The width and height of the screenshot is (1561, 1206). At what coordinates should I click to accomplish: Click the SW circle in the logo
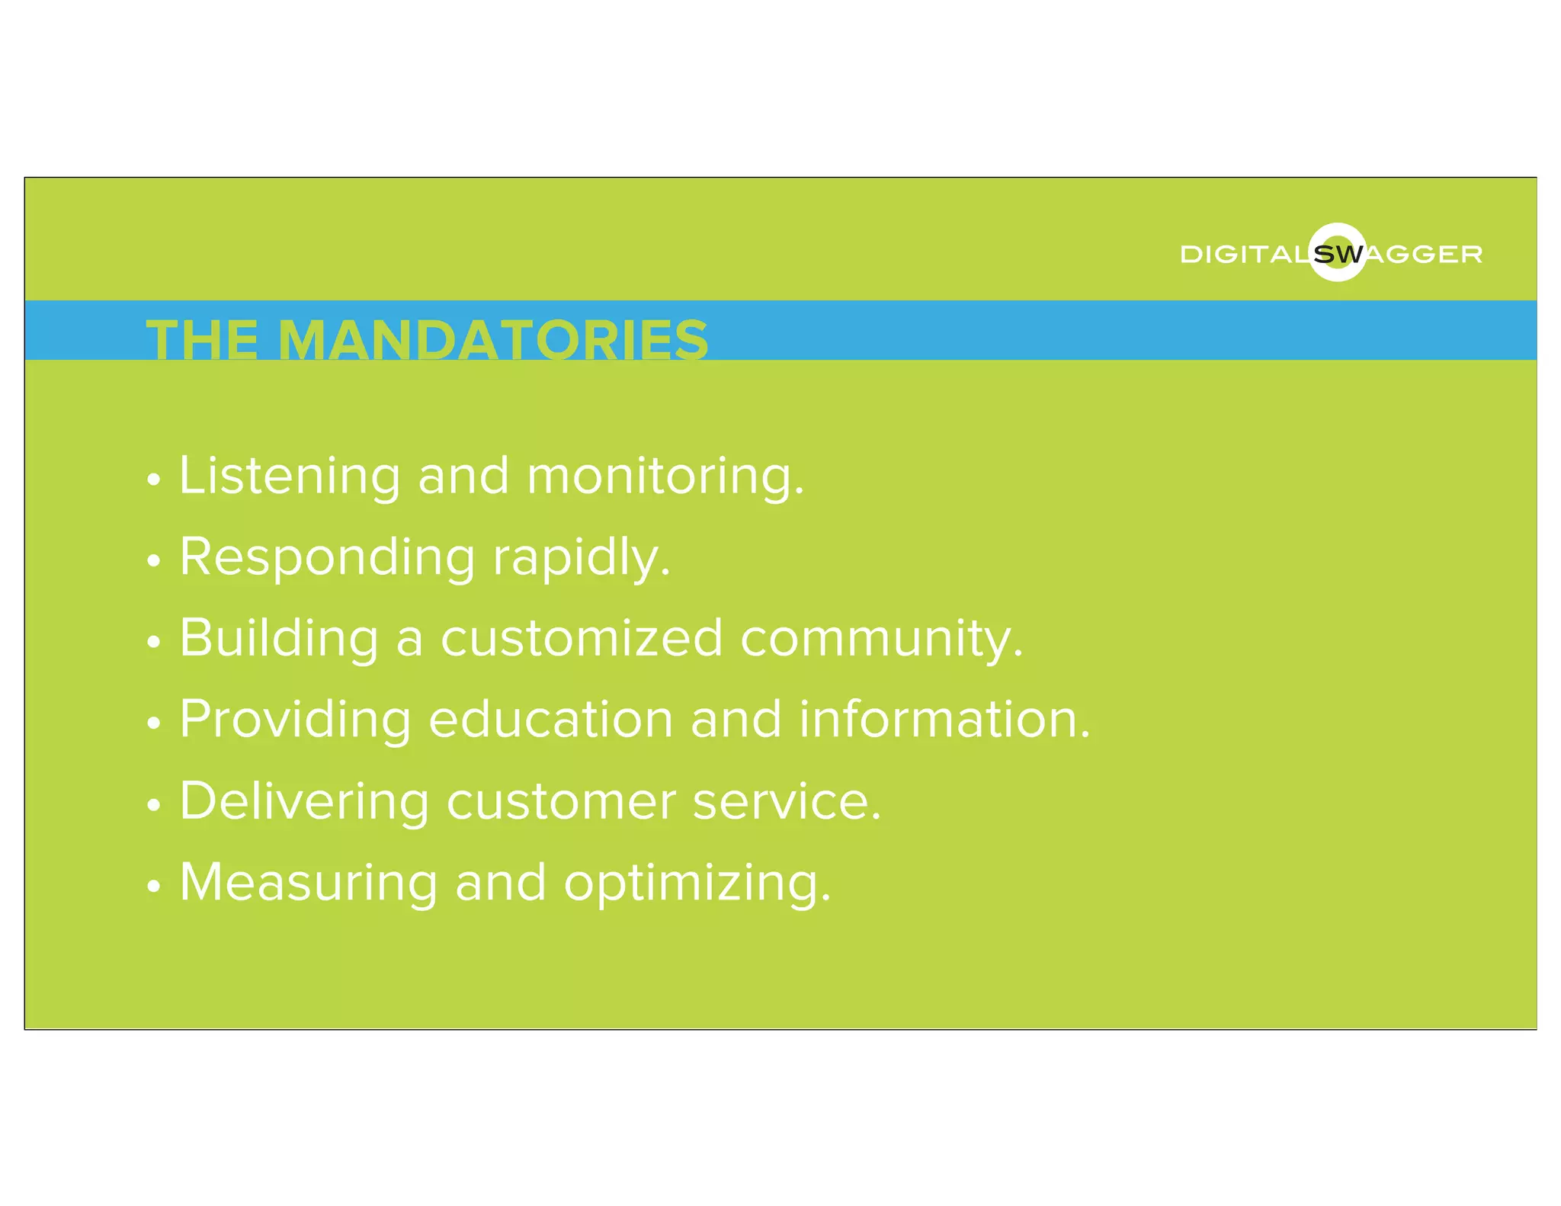(1338, 253)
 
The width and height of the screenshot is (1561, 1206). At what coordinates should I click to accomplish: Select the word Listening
(290, 476)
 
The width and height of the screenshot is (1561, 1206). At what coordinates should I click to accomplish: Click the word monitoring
(665, 476)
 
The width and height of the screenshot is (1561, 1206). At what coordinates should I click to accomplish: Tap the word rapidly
(582, 558)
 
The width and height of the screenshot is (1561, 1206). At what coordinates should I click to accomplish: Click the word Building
(279, 639)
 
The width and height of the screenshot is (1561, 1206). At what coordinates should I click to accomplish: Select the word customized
(582, 639)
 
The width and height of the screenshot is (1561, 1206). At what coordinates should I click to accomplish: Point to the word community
(882, 639)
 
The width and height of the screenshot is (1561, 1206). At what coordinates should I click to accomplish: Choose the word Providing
(296, 720)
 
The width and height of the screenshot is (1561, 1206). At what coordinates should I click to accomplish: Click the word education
(551, 719)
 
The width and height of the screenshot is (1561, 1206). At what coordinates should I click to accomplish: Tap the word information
(945, 719)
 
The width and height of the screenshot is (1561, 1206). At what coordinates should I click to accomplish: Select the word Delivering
(305, 802)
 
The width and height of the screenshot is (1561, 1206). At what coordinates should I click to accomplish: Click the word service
(787, 802)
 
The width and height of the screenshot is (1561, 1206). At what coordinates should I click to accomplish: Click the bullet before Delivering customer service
(155, 805)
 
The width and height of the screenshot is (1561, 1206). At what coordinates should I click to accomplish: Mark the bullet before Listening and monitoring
(155, 480)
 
